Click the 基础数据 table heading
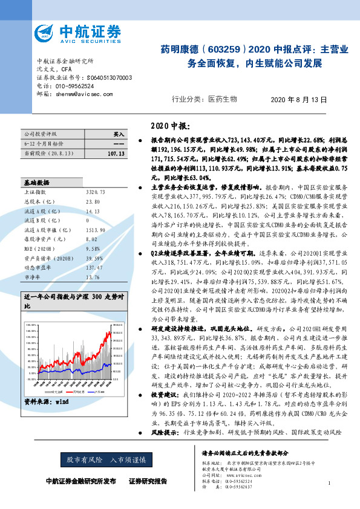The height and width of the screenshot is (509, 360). tap(38, 182)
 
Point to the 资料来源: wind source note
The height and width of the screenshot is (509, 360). tap(45, 401)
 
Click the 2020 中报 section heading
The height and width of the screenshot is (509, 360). tap(169, 126)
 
